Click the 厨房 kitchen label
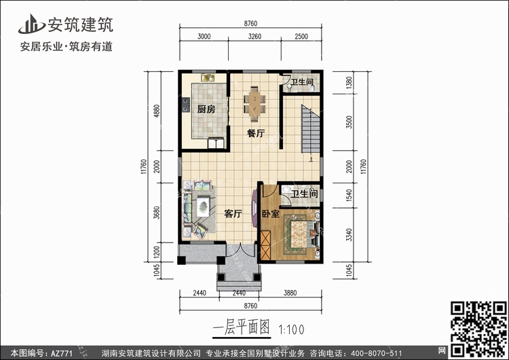coord(206,109)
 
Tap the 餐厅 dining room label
coord(256,133)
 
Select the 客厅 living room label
coord(233,214)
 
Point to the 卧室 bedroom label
coord(271,214)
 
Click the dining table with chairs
coord(254,104)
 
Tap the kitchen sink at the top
coord(208,77)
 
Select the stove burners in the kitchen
coord(186,105)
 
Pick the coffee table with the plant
coord(203,206)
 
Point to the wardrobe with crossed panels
coord(265,245)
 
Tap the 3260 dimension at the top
coord(254,37)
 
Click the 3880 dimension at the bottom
coord(290,293)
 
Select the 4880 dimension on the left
coord(157,111)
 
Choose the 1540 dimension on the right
coord(349,195)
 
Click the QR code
coord(478,329)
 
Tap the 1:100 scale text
coord(292,330)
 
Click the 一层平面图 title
coord(242,327)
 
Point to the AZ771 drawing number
coord(62,353)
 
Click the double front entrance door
coord(240,250)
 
